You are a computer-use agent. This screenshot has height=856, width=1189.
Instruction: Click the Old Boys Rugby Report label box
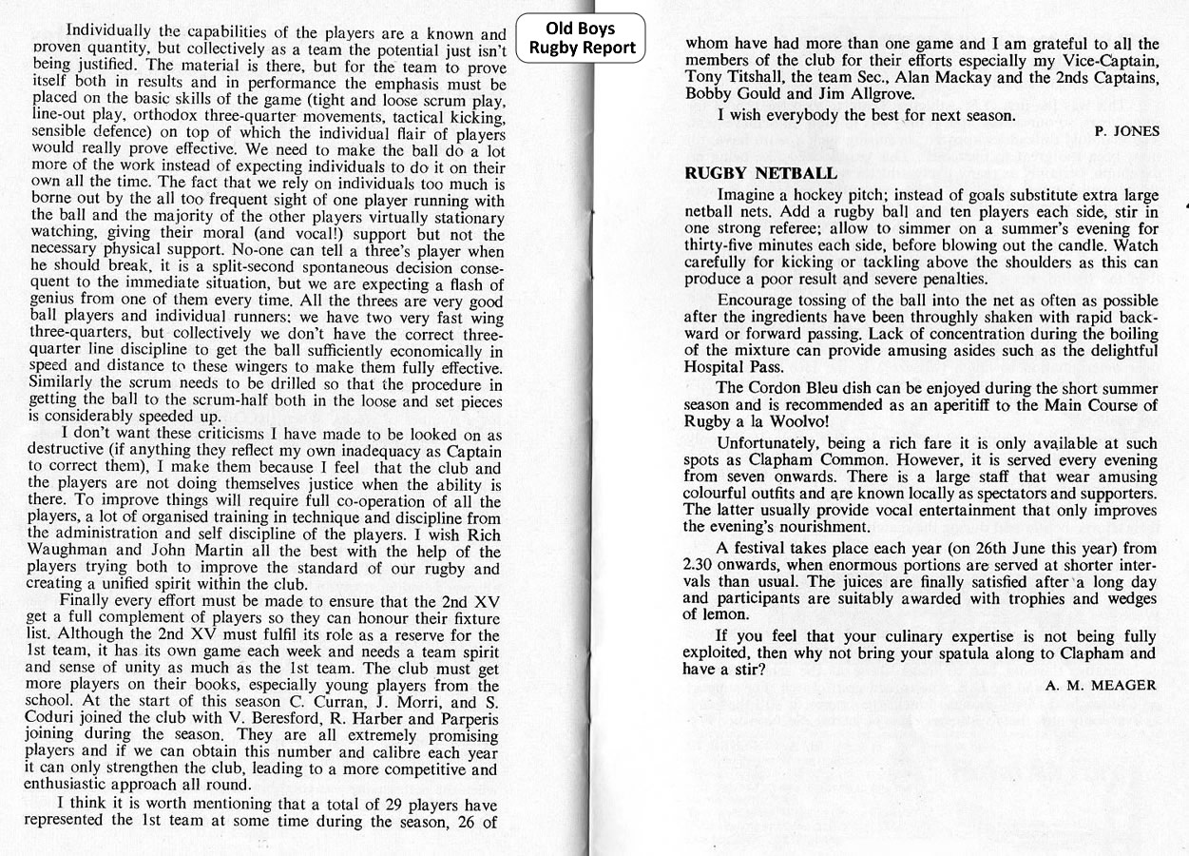click(581, 38)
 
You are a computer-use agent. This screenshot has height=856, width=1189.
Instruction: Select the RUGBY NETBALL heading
click(760, 173)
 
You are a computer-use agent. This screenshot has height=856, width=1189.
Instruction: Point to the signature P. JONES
click(1126, 131)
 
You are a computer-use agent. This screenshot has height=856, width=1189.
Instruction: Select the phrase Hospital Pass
click(734, 367)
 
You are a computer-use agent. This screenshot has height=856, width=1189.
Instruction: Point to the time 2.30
click(697, 565)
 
